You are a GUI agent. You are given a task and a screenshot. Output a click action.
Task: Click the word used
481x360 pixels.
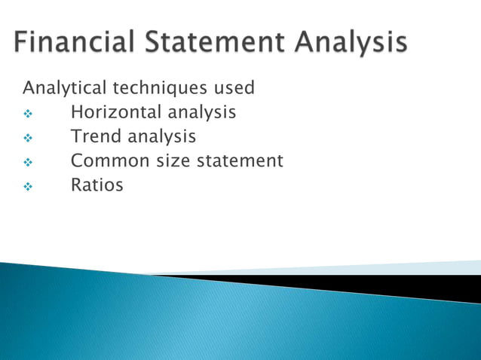pos(234,89)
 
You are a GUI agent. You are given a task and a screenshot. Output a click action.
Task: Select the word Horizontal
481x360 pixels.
pos(115,113)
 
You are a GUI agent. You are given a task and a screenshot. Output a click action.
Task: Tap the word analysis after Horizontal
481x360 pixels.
pos(201,113)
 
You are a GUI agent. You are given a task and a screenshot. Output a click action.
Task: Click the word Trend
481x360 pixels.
pos(96,137)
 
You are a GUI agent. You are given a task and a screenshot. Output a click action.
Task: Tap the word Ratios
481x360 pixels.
pos(97,185)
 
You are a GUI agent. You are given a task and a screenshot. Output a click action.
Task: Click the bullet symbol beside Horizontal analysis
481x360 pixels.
pos(29,114)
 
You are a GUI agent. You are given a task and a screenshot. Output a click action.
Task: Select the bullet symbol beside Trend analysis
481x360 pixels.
pos(29,139)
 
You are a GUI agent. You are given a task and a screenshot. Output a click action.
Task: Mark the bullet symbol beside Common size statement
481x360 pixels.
pos(29,163)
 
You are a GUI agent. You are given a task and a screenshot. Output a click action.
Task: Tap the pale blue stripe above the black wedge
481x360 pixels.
pos(422,267)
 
